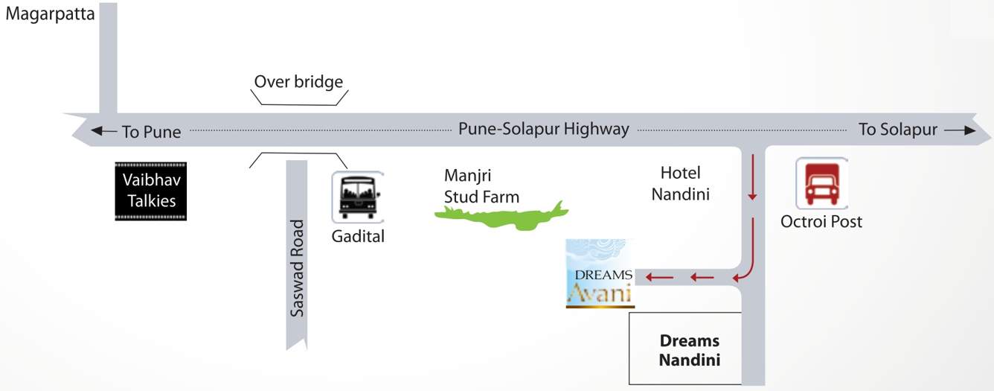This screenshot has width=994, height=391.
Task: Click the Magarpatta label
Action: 50,14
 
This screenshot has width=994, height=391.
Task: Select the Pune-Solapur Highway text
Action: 543,129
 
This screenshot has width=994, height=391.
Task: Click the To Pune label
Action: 152,132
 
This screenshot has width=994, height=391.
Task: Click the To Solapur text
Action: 897,129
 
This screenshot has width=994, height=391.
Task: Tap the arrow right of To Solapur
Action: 960,130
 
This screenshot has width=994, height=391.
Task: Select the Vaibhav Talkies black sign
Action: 151,191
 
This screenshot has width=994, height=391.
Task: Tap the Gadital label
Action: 358,237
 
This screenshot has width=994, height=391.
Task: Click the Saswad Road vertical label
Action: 298,268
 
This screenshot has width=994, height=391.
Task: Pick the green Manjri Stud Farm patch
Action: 502,215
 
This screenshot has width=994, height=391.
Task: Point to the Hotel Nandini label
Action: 680,183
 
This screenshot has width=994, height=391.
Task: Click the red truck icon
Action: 821,183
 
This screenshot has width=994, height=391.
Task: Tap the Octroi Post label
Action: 821,221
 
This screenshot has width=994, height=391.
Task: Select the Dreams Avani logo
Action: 600,273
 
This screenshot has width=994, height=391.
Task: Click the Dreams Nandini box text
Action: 690,350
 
